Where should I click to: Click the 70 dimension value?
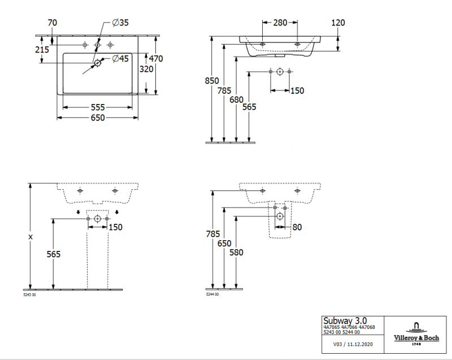(53, 23)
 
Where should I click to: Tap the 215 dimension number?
(42, 50)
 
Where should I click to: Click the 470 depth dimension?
(156, 58)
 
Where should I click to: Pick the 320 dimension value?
(146, 70)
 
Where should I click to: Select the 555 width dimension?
(98, 107)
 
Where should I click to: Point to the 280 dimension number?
(280, 23)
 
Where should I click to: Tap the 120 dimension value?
(338, 23)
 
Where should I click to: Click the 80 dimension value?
(297, 228)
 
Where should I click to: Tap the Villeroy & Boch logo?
(416, 332)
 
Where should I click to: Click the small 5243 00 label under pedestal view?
(29, 295)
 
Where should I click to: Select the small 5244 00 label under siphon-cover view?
(212, 295)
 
